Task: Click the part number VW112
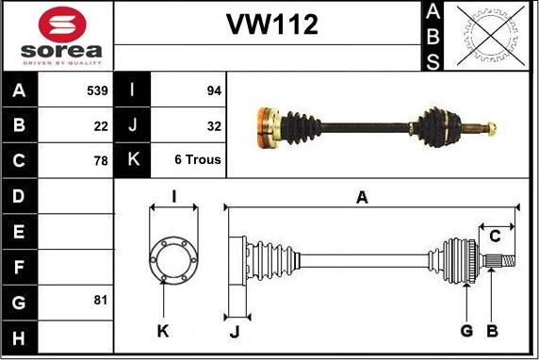point(271,25)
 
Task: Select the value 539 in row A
point(96,91)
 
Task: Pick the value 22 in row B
point(100,125)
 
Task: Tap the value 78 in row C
point(100,160)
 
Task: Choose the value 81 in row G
point(100,301)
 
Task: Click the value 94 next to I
point(213,91)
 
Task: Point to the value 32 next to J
point(213,125)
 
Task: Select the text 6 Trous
point(198,160)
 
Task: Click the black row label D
point(20,196)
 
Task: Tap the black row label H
point(20,336)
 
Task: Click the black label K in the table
point(133,160)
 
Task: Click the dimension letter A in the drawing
point(362,197)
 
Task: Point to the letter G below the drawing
point(465,330)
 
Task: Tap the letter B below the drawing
point(491,330)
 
